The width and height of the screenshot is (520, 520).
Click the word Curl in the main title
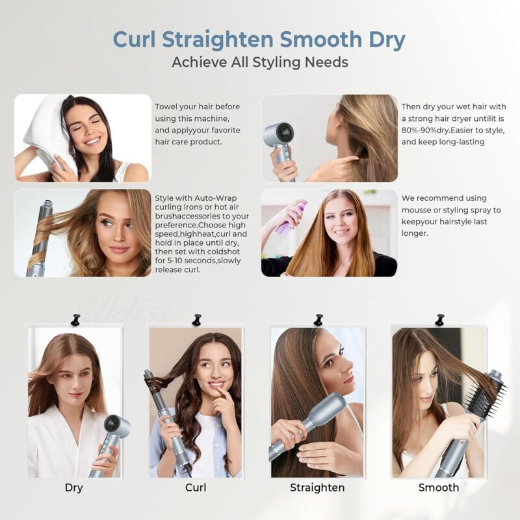pos(136,39)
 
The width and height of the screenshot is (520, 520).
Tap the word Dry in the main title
pos(383,39)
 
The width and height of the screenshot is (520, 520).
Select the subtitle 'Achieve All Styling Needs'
pos(260,62)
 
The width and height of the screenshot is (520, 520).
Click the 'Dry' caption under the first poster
pos(74,487)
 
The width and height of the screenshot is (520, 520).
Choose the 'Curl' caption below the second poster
pos(196,487)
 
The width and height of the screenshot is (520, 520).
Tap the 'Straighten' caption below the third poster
pos(317,487)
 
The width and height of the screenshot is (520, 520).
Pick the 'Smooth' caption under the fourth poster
pos(438,487)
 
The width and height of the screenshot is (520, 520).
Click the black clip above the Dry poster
pos(75,319)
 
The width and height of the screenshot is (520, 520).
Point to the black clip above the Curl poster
pos(196,319)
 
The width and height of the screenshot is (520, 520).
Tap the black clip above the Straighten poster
pos(318,319)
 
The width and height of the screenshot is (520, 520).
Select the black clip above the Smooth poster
pos(439,319)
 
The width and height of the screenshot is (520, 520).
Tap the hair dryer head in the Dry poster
pos(118,427)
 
